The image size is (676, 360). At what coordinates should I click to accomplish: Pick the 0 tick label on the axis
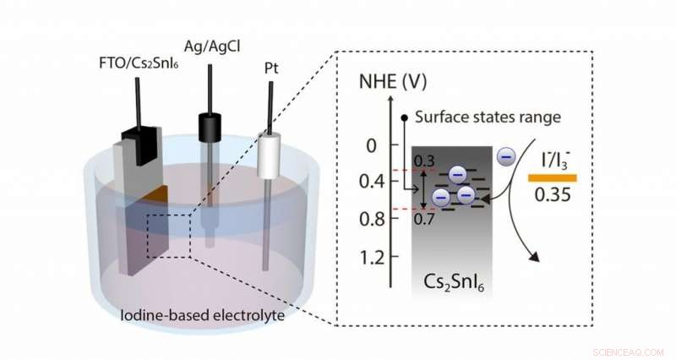[368, 146]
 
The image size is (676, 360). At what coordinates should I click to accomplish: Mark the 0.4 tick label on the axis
[363, 182]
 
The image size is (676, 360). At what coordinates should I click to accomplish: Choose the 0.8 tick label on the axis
[363, 219]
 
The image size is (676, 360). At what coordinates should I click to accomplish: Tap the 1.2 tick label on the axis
[363, 256]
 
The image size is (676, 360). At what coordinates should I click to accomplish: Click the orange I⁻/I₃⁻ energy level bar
[553, 178]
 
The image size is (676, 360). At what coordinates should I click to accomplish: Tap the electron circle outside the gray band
[504, 155]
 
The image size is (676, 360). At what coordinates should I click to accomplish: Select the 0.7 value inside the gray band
[423, 219]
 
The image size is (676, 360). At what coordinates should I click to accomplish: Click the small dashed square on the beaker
[169, 235]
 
